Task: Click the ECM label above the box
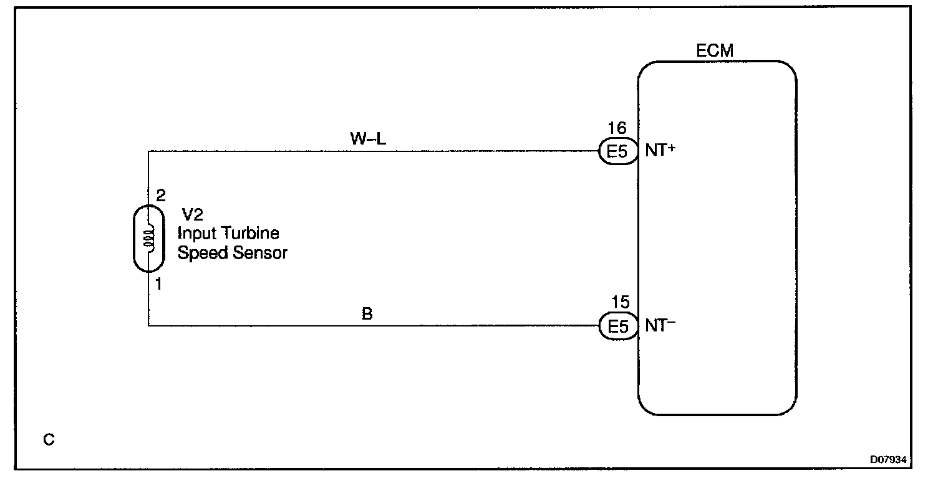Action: click(x=715, y=51)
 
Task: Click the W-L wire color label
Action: click(x=367, y=140)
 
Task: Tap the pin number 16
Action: click(x=618, y=128)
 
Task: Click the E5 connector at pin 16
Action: click(x=617, y=152)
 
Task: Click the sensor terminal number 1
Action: click(x=160, y=285)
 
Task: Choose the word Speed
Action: click(x=201, y=254)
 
